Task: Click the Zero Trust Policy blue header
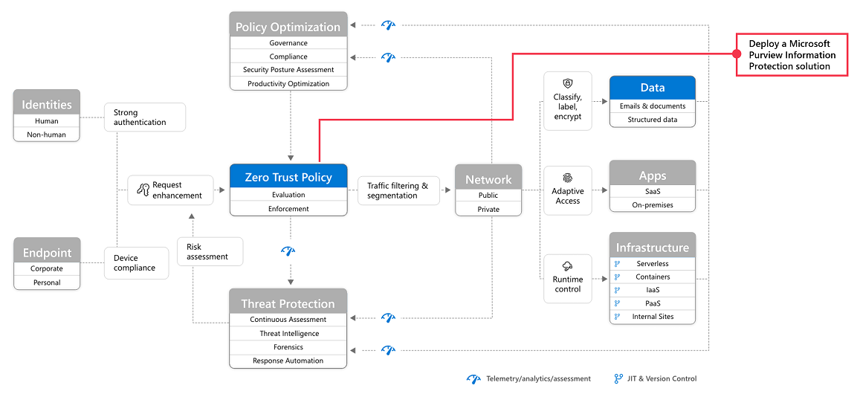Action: click(288, 176)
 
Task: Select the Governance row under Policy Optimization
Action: click(288, 42)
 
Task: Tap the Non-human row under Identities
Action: click(47, 135)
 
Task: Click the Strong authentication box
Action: click(145, 117)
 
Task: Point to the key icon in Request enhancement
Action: click(143, 190)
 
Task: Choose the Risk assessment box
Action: click(210, 251)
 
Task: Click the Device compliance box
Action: click(138, 263)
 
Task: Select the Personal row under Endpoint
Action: click(47, 283)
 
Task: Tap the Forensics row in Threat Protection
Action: click(288, 346)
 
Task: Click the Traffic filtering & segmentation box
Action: click(398, 190)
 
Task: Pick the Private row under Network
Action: click(488, 209)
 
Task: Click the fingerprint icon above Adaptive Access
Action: click(567, 178)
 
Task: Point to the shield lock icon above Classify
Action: click(567, 83)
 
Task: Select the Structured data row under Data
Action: click(653, 120)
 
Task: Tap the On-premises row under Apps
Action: click(653, 205)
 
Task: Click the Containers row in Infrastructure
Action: click(653, 277)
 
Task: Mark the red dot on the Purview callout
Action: click(736, 53)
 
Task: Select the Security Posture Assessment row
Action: click(288, 70)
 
